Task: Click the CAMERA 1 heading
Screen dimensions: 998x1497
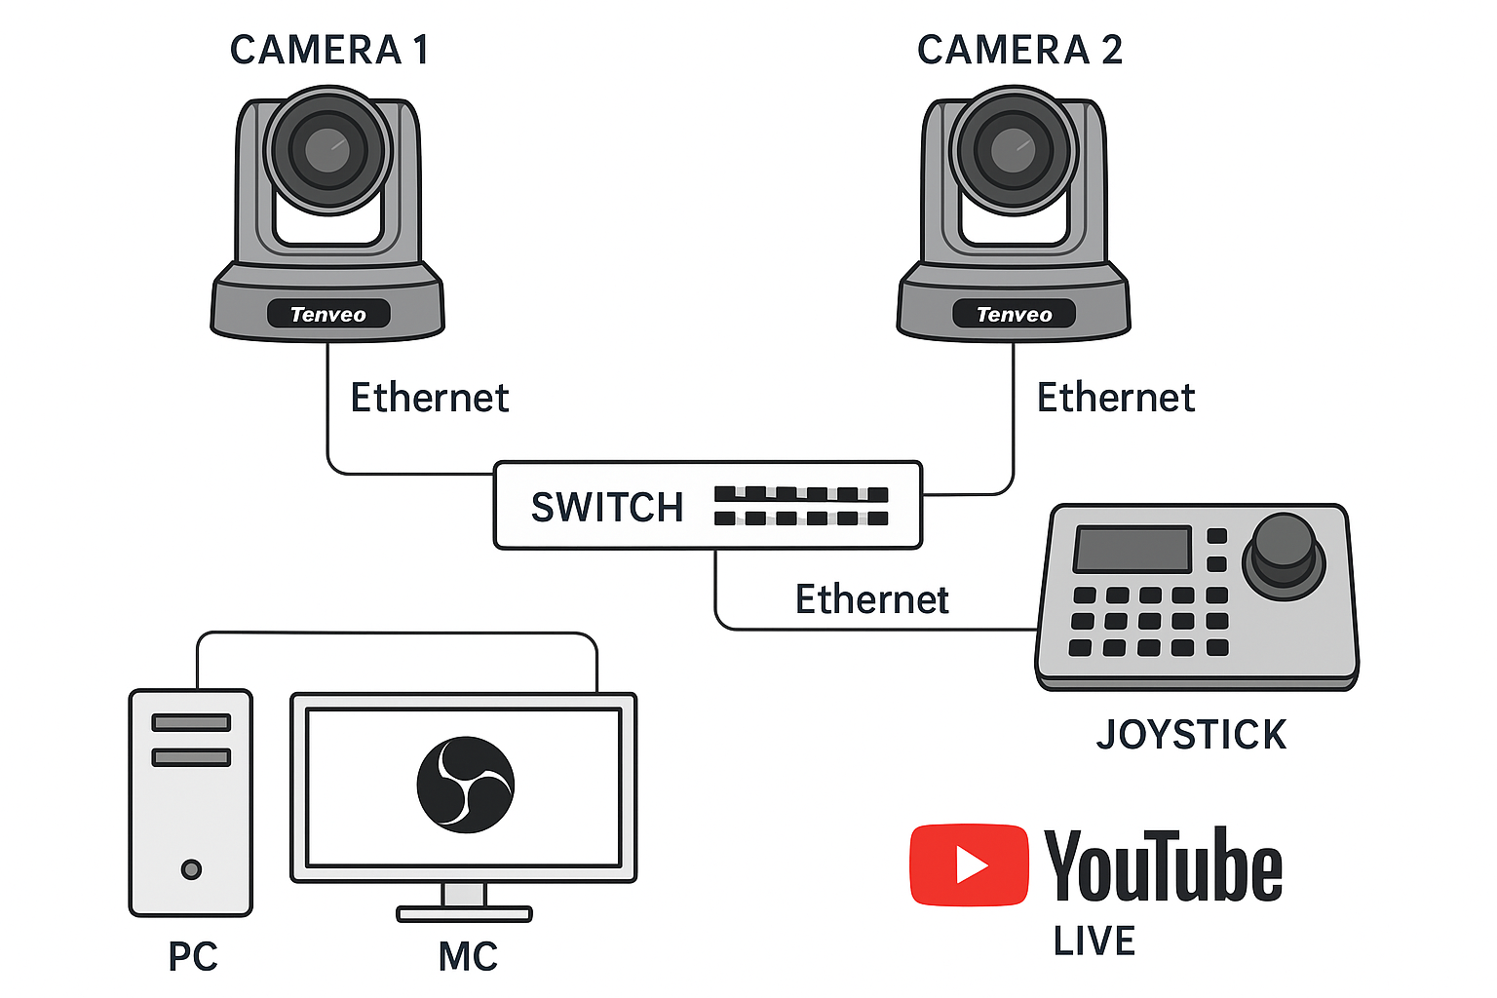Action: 329,50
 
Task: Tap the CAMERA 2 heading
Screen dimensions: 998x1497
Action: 1019,50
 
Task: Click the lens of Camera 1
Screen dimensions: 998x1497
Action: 327,150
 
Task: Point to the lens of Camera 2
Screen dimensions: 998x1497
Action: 1014,150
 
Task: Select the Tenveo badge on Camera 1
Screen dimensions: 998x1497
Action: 328,314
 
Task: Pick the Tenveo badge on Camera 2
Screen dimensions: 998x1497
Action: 1014,314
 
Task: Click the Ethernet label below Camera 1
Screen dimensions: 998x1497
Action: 429,398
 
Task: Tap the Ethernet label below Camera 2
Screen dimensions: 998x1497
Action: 1115,398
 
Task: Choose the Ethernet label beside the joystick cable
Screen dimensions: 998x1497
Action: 871,599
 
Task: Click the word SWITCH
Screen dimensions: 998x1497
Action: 606,508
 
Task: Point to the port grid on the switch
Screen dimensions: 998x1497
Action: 801,506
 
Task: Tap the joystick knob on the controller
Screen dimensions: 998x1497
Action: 1283,552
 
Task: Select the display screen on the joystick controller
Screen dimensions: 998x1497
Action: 1132,549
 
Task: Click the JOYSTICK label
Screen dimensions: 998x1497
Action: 1191,735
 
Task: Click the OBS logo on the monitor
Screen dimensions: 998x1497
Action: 465,785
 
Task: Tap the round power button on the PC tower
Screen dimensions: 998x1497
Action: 191,868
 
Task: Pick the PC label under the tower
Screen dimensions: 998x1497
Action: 193,957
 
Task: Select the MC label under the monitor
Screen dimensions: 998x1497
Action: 468,957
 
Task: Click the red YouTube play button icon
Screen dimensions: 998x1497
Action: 968,864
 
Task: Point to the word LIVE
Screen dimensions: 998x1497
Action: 1094,941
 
